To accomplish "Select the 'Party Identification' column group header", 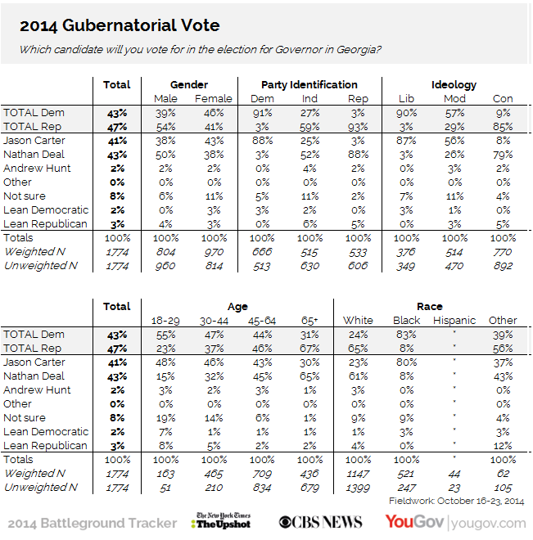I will (x=309, y=84).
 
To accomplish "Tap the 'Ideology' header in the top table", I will (x=454, y=84).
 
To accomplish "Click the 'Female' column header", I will (x=214, y=98).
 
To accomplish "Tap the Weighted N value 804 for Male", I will (x=166, y=251).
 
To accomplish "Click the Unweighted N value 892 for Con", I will (x=503, y=265).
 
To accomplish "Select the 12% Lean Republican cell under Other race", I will (x=503, y=446).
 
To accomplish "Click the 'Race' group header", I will (x=430, y=306).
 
